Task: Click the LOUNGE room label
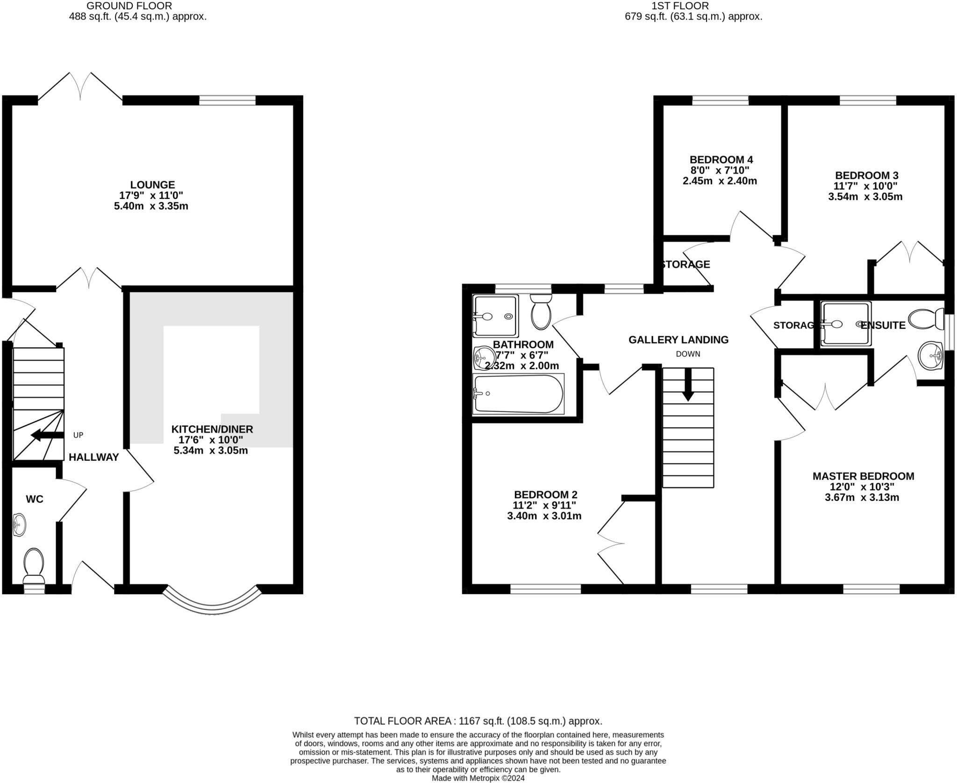(x=152, y=185)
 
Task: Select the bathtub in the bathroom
(x=518, y=394)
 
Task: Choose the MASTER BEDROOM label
(x=863, y=476)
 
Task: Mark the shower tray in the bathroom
(x=495, y=316)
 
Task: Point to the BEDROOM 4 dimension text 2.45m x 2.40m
(x=720, y=181)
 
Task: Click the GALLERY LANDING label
(x=678, y=340)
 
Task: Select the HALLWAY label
(x=93, y=458)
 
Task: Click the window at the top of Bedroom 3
(x=868, y=100)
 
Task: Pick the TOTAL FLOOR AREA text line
(x=478, y=721)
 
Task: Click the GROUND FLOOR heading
(x=129, y=6)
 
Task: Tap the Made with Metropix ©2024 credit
(x=478, y=778)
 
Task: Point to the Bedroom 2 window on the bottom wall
(x=545, y=589)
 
